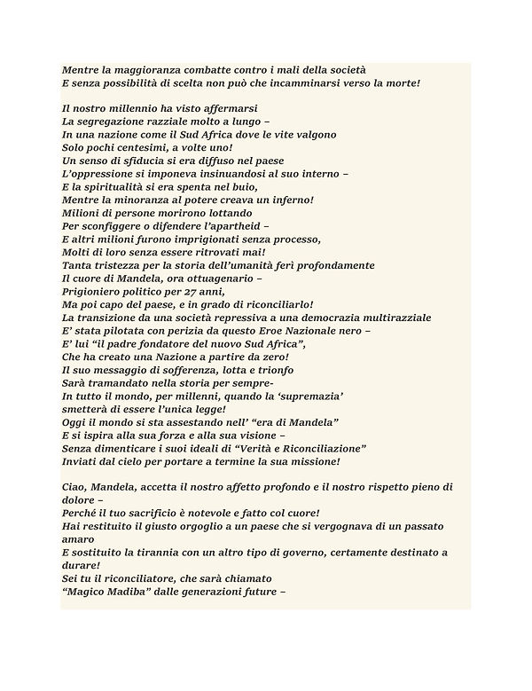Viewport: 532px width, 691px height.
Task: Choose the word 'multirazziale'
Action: click(x=392, y=318)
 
